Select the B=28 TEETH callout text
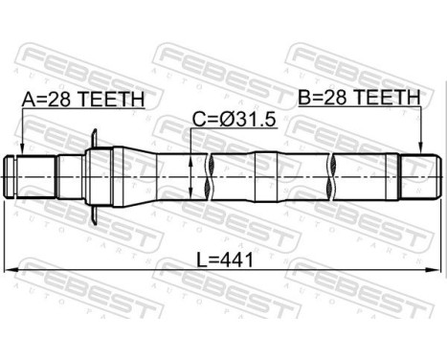pyautogui.click(x=359, y=97)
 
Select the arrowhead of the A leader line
pyautogui.click(x=20, y=152)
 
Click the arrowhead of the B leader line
pyautogui.click(x=419, y=152)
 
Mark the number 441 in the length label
pyautogui.click(x=235, y=259)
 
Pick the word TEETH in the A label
pyautogui.click(x=114, y=98)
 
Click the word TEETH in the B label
pyautogui.click(x=391, y=97)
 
